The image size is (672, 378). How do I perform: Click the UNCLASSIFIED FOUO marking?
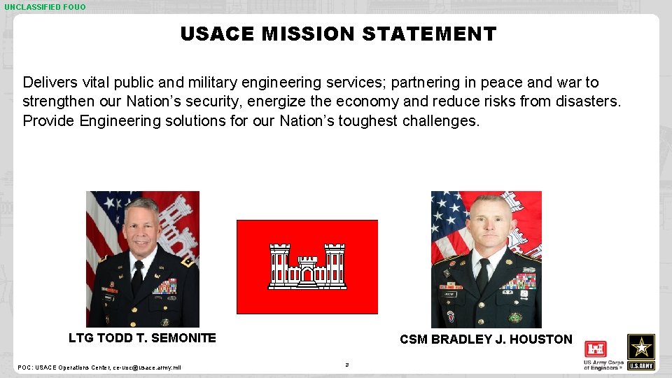pos(45,7)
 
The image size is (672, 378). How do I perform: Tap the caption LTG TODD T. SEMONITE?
pos(142,338)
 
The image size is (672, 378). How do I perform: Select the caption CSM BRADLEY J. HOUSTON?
pos(486,339)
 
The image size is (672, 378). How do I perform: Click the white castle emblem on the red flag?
pos(307,267)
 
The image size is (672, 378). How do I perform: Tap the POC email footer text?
pos(99,367)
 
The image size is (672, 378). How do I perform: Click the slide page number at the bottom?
pos(346,365)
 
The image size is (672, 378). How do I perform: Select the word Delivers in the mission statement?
pos(50,83)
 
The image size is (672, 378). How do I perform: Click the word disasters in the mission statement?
pos(587,101)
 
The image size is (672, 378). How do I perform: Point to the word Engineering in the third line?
pos(120,120)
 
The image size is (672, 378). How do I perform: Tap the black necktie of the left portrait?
pos(137,277)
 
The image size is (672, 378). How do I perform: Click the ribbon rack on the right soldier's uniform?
pos(518,281)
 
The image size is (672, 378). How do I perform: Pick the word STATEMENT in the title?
pos(429,34)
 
